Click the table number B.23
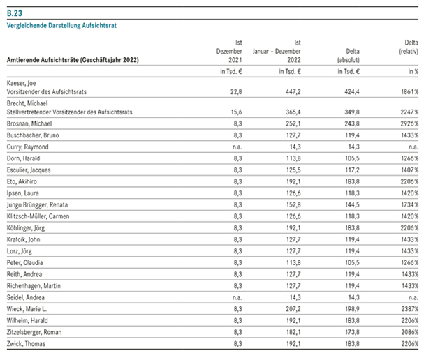[15, 13]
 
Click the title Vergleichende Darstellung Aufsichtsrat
[61, 26]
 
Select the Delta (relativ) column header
[409, 47]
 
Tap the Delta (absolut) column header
[348, 55]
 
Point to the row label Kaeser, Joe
[22, 83]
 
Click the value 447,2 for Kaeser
[293, 92]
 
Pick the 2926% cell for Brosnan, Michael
[409, 123]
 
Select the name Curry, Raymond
[28, 147]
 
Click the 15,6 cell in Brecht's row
[236, 112]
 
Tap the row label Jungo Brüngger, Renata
[37, 204]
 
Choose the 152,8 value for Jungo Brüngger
[293, 204]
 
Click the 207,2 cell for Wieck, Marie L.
[293, 309]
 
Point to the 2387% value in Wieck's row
[410, 309]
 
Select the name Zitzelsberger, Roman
[34, 332]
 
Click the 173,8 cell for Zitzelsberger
[352, 332]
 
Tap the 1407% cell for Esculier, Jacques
[410, 170]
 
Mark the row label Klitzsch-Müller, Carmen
[38, 216]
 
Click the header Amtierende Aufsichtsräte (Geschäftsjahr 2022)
[73, 60]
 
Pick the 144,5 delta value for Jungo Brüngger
[352, 204]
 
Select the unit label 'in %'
[413, 71]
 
